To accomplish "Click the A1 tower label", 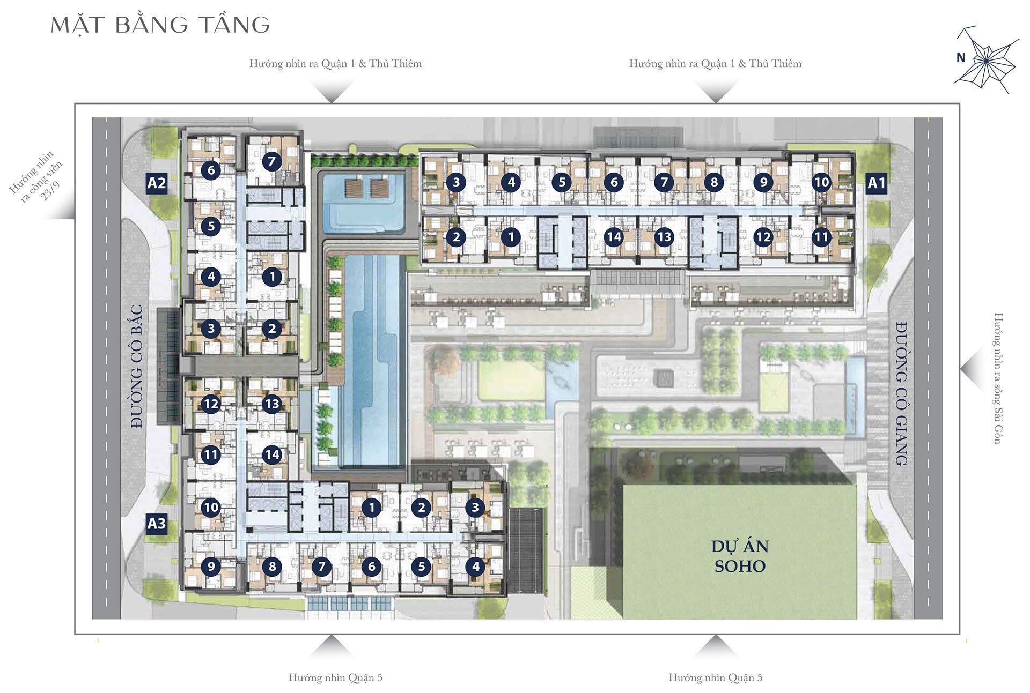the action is (x=877, y=183).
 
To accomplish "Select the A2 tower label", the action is (x=157, y=183).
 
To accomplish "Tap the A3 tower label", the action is (x=157, y=523).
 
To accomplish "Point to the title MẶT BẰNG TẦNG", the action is (x=160, y=25).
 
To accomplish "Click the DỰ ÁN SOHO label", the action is (x=740, y=556).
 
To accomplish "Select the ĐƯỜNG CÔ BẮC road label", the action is (x=137, y=366).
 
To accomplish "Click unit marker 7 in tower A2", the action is (x=272, y=161).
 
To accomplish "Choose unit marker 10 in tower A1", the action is (x=821, y=182).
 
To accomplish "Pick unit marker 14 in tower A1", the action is (x=614, y=236).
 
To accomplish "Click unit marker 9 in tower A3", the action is (x=211, y=566).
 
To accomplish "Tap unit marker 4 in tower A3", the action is (x=475, y=566).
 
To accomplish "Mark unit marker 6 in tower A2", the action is (x=211, y=170).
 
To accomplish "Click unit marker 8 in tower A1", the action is (x=713, y=182).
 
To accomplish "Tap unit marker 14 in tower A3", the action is (x=272, y=454).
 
